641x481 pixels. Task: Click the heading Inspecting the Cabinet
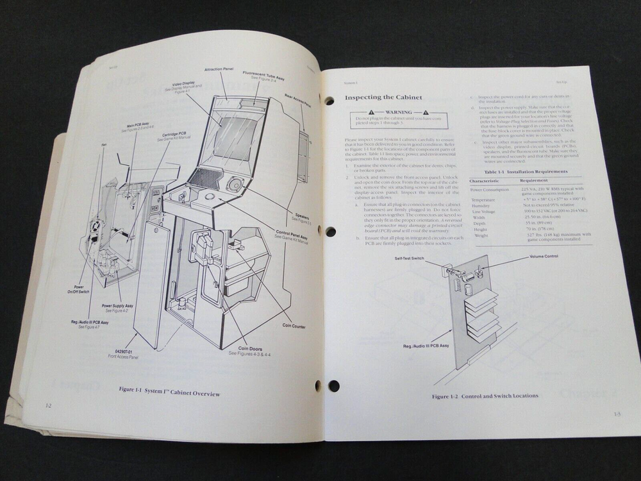click(x=383, y=98)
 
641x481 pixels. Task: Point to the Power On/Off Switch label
click(x=80, y=290)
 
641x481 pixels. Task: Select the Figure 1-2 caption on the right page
click(x=485, y=396)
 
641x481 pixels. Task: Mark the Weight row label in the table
click(x=481, y=235)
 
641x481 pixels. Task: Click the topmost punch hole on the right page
click(x=329, y=101)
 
